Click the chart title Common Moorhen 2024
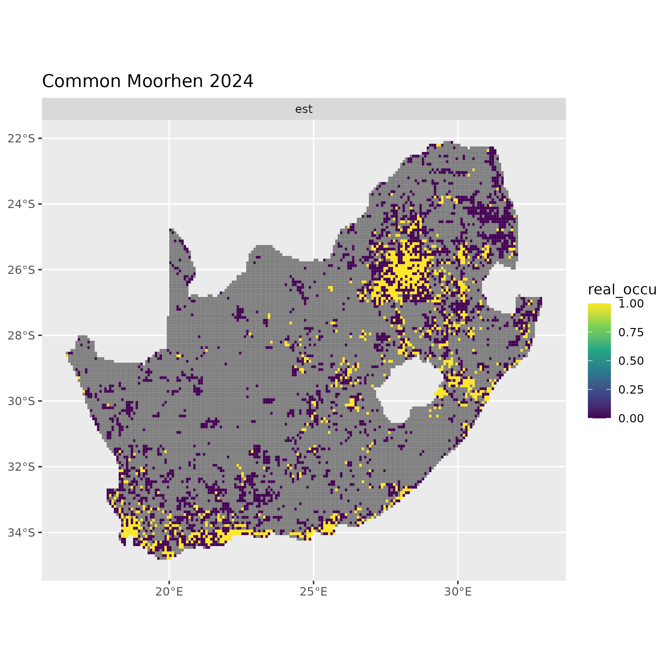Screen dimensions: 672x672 (148, 82)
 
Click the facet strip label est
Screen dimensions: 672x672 (304, 109)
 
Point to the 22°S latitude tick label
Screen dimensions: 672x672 (21, 139)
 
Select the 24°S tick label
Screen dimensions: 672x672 (21, 204)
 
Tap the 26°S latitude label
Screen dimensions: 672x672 (21, 269)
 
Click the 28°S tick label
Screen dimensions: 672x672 (21, 335)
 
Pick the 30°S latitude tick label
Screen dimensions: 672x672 (21, 401)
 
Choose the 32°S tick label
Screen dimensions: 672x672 (21, 467)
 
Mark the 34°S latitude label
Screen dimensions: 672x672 (21, 532)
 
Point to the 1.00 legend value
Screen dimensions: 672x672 (631, 304)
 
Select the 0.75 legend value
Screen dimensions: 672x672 (631, 332)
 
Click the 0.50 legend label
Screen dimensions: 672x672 (631, 361)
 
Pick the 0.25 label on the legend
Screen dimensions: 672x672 (631, 389)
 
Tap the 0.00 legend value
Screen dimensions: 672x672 (631, 418)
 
